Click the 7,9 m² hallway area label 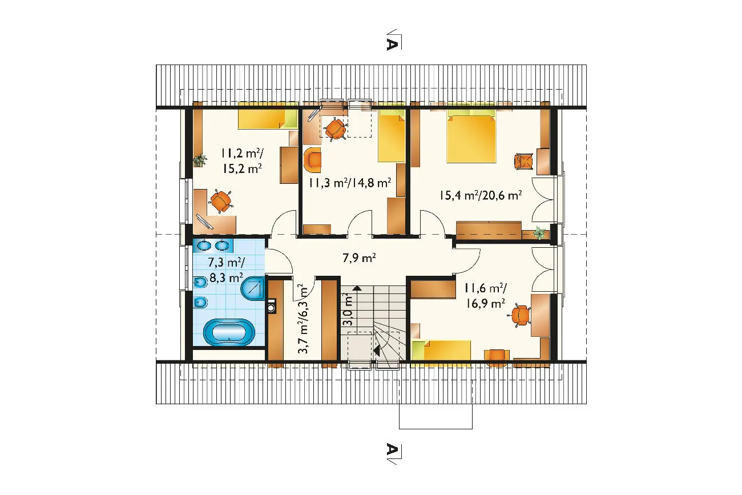click(359, 257)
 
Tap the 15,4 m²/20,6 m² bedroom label click(481, 195)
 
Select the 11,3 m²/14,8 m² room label click(350, 183)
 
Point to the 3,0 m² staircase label click(348, 309)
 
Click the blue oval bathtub click(229, 332)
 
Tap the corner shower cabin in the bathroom click(253, 288)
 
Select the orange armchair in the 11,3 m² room click(312, 160)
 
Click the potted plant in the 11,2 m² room click(199, 160)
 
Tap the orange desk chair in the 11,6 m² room click(520, 315)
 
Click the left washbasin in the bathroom click(204, 246)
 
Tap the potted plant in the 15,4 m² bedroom click(539, 232)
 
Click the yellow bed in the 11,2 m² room click(267, 119)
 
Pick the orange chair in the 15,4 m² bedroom click(524, 162)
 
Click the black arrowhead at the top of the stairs click(357, 288)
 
